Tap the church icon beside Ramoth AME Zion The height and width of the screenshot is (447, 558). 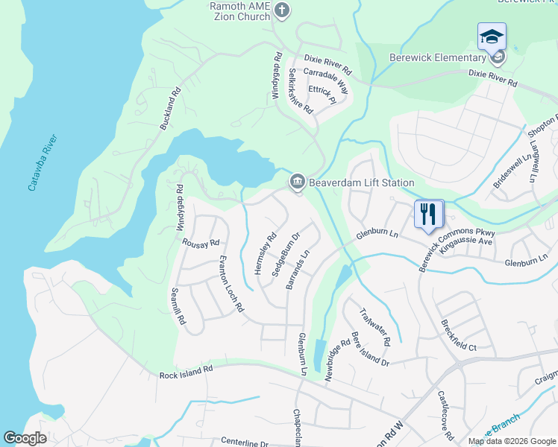click(x=282, y=10)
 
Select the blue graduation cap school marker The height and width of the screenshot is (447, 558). click(x=492, y=36)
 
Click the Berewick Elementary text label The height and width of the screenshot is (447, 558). click(x=437, y=58)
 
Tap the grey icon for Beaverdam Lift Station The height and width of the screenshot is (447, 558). click(x=297, y=182)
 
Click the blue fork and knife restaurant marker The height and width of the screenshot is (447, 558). click(x=429, y=214)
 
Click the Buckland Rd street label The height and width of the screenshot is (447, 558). click(x=171, y=111)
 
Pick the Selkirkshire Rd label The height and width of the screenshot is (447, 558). click(x=301, y=90)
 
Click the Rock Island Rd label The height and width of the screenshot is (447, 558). click(x=186, y=371)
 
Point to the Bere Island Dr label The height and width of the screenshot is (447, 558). click(x=370, y=351)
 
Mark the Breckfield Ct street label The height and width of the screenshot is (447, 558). click(x=459, y=335)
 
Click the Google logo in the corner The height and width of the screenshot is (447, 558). click(x=25, y=438)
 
